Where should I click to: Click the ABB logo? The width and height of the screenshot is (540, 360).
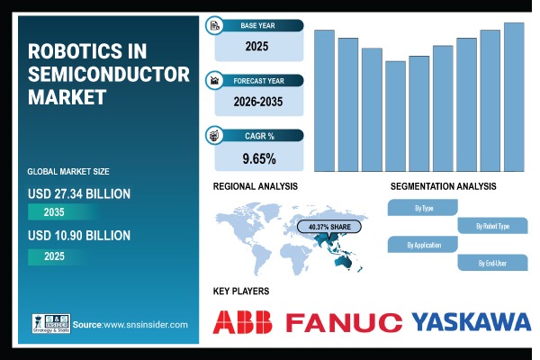click(x=245, y=322)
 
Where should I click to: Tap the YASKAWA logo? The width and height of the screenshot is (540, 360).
click(x=471, y=322)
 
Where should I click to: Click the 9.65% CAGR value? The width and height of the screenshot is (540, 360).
click(x=258, y=159)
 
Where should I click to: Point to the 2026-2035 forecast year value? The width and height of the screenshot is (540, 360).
click(x=258, y=102)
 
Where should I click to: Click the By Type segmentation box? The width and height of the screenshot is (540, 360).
click(x=424, y=208)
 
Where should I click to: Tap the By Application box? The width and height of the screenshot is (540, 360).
click(x=422, y=245)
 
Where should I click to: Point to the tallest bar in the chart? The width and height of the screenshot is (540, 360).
click(x=514, y=96)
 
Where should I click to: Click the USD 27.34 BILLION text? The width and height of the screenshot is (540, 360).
click(x=79, y=193)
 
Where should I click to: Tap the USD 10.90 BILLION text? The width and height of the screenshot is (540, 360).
click(x=79, y=236)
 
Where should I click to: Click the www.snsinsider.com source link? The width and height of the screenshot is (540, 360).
click(x=144, y=324)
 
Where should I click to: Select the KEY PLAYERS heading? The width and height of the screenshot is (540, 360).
click(x=241, y=292)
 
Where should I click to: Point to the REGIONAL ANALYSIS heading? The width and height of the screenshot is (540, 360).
click(x=255, y=186)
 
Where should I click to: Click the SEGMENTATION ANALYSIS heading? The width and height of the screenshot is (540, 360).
click(x=443, y=186)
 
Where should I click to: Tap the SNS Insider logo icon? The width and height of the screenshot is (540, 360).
click(x=49, y=324)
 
